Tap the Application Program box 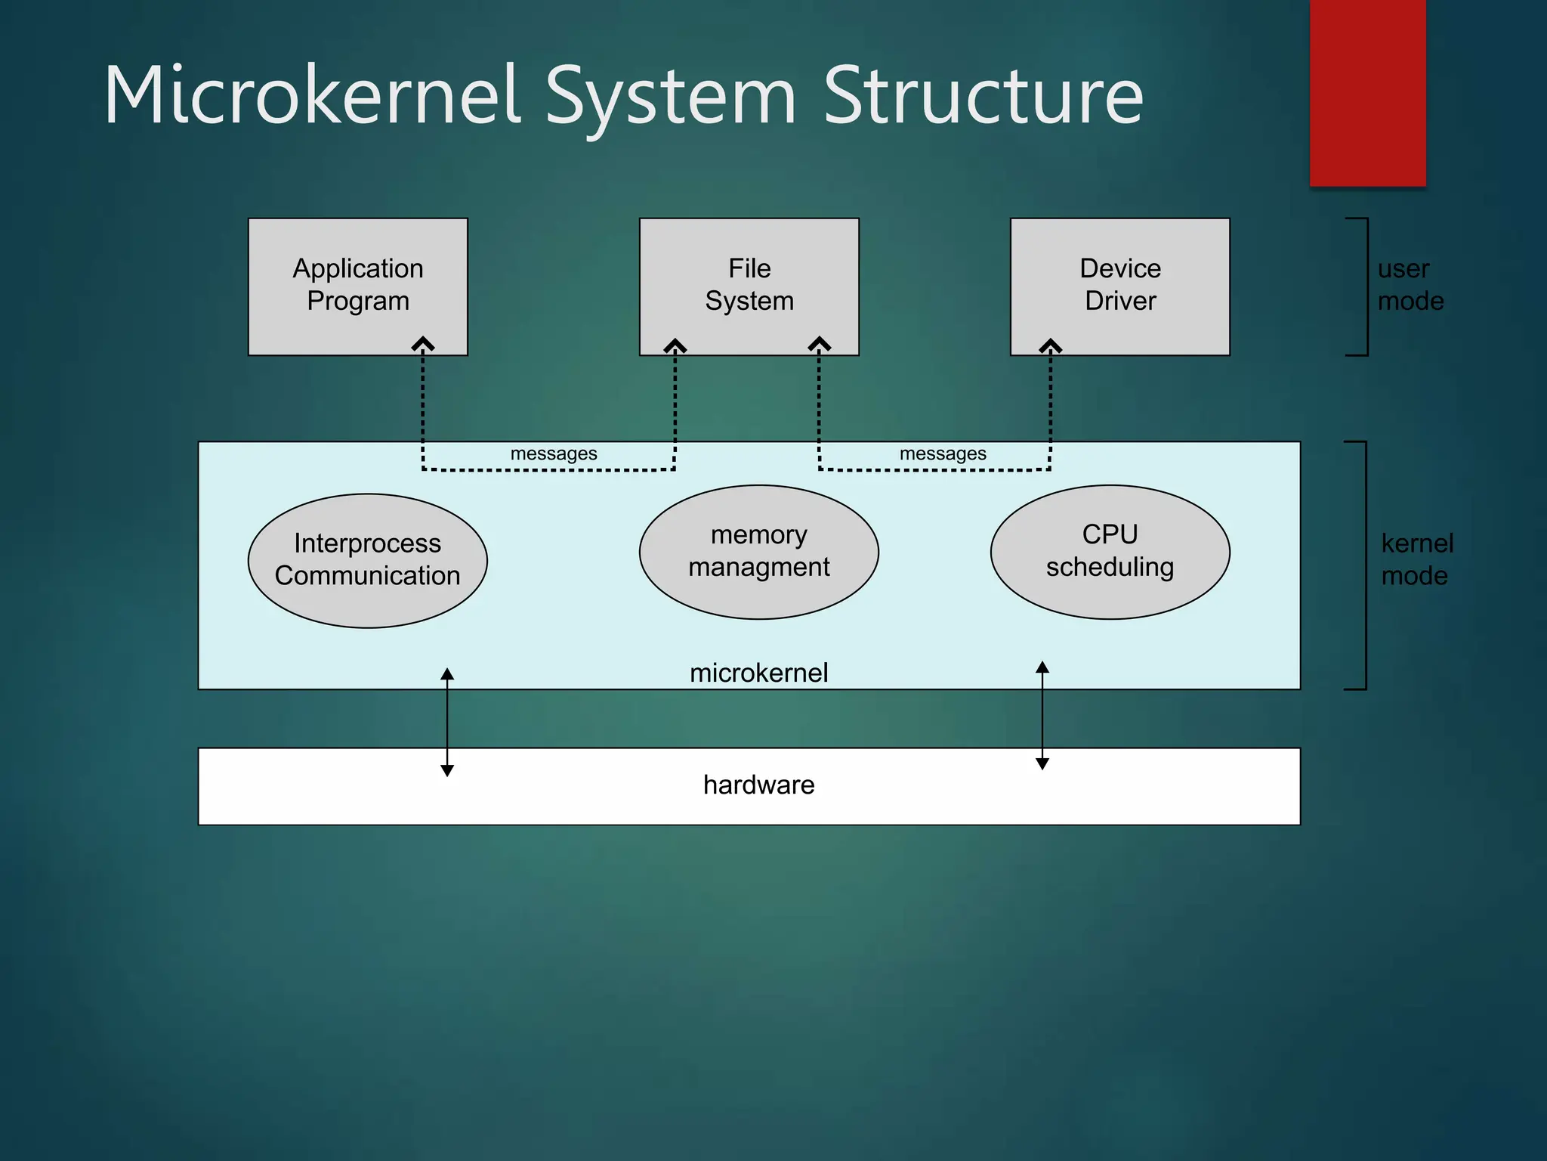pyautogui.click(x=357, y=285)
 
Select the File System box pyautogui.click(x=749, y=285)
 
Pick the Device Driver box pyautogui.click(x=1119, y=285)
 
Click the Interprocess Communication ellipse pyautogui.click(x=367, y=560)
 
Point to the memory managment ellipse pyautogui.click(x=758, y=551)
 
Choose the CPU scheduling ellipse pyautogui.click(x=1110, y=551)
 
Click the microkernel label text pyautogui.click(x=758, y=672)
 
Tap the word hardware pyautogui.click(x=758, y=785)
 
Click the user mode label pyautogui.click(x=1410, y=285)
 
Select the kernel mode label pyautogui.click(x=1416, y=559)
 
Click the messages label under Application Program pyautogui.click(x=554, y=454)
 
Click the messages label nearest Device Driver pyautogui.click(x=943, y=454)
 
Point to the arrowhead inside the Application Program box pyautogui.click(x=423, y=345)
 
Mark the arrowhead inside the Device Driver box pyautogui.click(x=1050, y=346)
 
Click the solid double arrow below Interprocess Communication pyautogui.click(x=447, y=722)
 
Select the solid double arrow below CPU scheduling pyautogui.click(x=1042, y=715)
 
